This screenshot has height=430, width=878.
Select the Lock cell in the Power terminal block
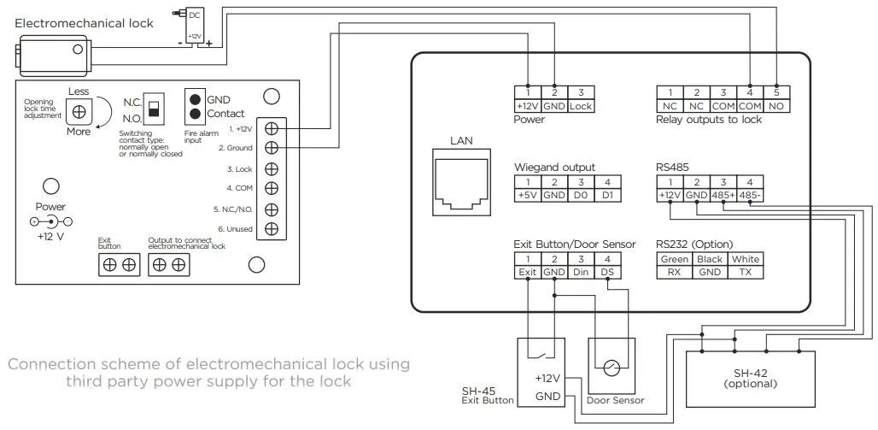point(581,107)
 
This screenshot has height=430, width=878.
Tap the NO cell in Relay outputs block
point(776,107)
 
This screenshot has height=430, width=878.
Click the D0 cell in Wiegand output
point(581,195)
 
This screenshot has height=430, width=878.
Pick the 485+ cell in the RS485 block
point(723,195)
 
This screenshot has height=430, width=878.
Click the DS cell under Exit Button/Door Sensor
point(607,272)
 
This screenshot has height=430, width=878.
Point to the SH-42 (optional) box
point(750,379)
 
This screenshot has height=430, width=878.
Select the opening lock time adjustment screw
point(79,112)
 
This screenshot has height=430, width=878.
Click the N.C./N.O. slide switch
point(155,108)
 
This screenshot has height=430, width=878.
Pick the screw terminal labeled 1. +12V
point(272,128)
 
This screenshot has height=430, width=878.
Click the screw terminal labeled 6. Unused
point(272,228)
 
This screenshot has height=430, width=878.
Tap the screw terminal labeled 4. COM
point(272,188)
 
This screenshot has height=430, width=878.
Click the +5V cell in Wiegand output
point(528,195)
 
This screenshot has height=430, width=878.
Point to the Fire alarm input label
point(201,137)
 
